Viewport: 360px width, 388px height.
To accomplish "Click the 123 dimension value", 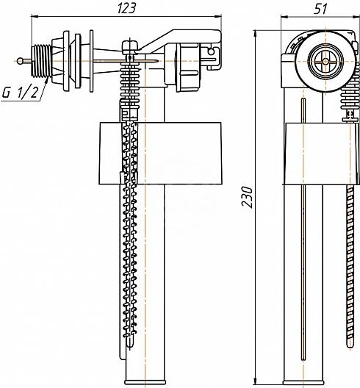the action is coord(126,8).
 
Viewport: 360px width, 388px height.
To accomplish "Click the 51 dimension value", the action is coord(320,9).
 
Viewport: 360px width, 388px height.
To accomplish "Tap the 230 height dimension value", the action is coord(248,197).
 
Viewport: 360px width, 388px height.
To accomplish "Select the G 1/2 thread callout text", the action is coord(21,93).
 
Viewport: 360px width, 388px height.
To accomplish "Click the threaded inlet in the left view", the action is coord(41,60).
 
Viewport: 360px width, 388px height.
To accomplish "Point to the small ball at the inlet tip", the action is coord(20,60).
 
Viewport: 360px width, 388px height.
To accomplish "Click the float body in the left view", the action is coord(160,153).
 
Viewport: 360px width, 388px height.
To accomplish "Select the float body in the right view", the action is coord(322,154).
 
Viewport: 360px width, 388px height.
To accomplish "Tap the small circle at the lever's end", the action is coord(211,51).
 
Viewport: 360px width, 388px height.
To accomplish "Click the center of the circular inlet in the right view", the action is coord(325,61).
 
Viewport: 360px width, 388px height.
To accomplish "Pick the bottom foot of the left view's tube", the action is coord(145,381).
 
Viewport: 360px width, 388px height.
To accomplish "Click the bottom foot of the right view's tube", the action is coord(303,381).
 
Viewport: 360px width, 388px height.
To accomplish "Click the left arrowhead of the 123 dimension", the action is coord(34,16).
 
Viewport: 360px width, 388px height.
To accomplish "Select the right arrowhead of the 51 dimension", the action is coord(356,17).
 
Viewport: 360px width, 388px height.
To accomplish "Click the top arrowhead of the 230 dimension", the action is coord(256,33).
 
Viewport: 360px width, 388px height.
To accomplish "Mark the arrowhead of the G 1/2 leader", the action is coord(46,79).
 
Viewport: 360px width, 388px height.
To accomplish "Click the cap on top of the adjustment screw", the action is coord(130,46).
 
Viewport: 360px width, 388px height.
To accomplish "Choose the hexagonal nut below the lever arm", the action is coord(187,68).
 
